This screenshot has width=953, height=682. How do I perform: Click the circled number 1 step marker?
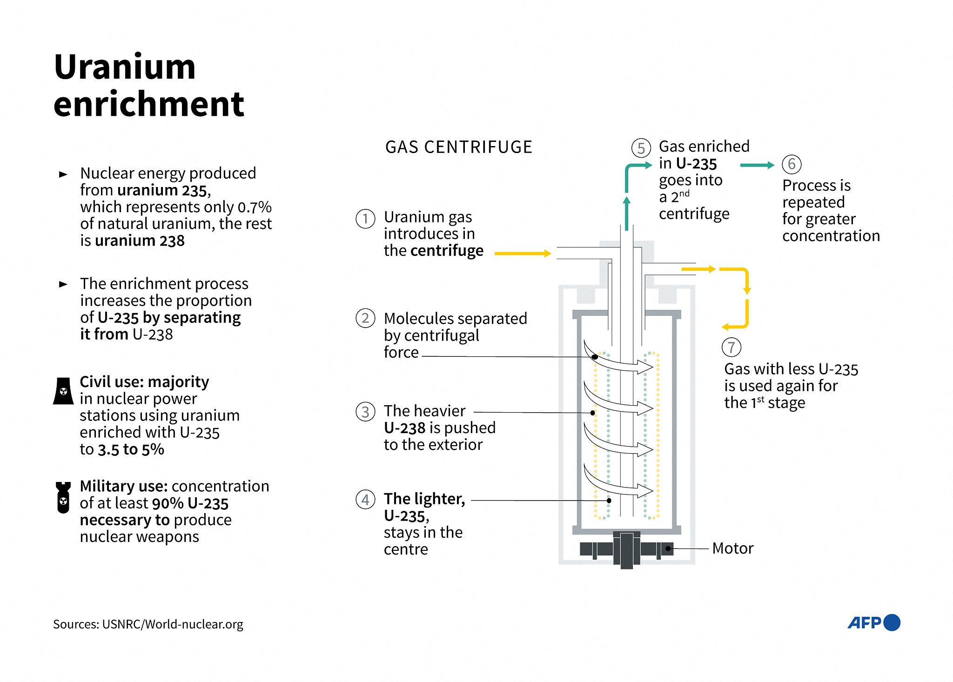(x=365, y=219)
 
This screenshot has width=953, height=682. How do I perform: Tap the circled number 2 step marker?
(x=365, y=318)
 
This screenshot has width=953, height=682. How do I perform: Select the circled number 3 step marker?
(x=365, y=412)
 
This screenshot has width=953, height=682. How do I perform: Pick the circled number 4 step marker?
(x=365, y=500)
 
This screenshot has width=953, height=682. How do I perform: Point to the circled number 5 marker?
(x=641, y=148)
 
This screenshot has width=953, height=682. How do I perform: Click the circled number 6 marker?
(x=792, y=164)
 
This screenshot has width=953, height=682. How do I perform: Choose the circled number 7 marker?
(x=731, y=347)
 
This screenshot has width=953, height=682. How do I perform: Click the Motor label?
(x=732, y=548)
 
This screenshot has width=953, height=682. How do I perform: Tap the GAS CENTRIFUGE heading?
(x=458, y=147)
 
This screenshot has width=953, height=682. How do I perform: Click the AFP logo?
(x=873, y=622)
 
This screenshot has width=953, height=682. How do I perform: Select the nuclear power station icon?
(x=63, y=391)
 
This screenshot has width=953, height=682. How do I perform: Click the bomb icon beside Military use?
(x=63, y=497)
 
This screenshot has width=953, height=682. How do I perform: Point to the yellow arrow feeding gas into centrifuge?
(x=522, y=254)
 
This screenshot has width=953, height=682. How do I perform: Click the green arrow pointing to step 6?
(x=757, y=165)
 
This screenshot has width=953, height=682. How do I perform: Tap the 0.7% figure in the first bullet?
(x=255, y=207)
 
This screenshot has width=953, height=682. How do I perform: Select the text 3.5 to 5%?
(x=131, y=449)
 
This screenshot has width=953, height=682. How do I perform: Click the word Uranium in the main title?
(x=125, y=67)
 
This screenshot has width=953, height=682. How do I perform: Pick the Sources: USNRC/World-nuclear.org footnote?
(x=148, y=624)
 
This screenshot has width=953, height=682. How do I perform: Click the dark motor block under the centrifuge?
(x=626, y=549)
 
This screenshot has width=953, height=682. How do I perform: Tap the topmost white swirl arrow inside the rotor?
(x=619, y=360)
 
